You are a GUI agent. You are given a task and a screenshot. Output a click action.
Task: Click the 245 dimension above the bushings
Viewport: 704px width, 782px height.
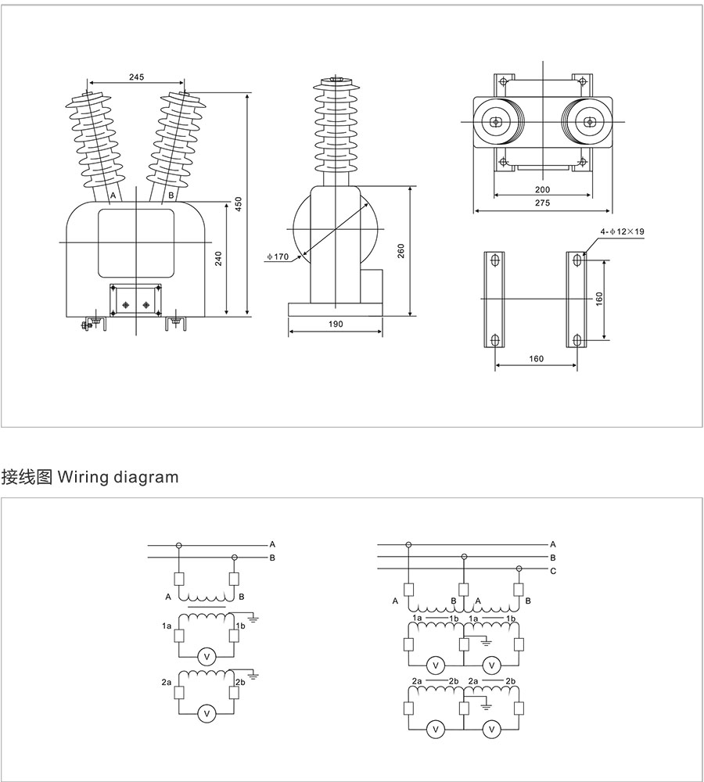pyautogui.click(x=136, y=77)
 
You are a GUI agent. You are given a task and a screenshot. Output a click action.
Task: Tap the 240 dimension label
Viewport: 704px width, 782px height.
pyautogui.click(x=219, y=258)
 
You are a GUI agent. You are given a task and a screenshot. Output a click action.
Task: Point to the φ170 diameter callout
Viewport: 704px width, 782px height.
pyautogui.click(x=278, y=256)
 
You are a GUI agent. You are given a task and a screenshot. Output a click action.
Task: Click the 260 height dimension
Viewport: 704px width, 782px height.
pyautogui.click(x=401, y=251)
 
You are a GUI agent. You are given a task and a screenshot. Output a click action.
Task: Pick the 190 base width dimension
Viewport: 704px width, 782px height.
pyautogui.click(x=335, y=323)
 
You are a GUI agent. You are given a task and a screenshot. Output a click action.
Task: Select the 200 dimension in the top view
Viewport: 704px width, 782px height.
pyautogui.click(x=543, y=189)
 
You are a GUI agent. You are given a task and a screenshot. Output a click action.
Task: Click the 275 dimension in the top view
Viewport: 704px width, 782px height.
pyautogui.click(x=543, y=203)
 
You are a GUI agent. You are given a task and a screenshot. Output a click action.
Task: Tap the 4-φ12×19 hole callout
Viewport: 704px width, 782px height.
pyautogui.click(x=621, y=232)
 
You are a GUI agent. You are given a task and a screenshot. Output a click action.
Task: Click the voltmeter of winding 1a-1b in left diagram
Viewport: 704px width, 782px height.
pyautogui.click(x=207, y=657)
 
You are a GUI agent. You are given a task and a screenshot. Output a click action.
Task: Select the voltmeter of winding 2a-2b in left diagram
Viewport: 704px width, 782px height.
pyautogui.click(x=207, y=713)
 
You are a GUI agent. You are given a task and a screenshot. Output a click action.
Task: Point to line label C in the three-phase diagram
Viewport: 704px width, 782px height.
pyautogui.click(x=553, y=571)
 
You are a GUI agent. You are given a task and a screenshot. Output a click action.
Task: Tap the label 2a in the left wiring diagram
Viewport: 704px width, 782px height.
pyautogui.click(x=167, y=683)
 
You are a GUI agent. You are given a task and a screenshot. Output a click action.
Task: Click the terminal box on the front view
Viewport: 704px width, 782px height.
pyautogui.click(x=136, y=300)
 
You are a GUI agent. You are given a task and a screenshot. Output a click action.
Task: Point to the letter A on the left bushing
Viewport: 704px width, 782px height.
pyautogui.click(x=113, y=195)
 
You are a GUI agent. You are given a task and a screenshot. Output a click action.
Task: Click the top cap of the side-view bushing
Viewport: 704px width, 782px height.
pyautogui.click(x=337, y=80)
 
